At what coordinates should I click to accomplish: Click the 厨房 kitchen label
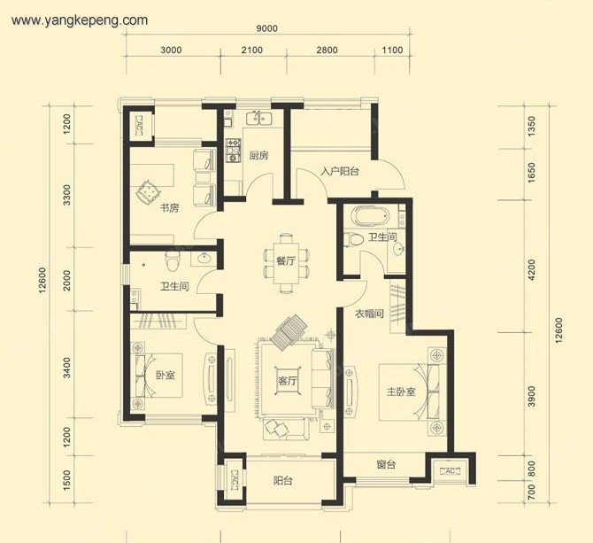click(259, 156)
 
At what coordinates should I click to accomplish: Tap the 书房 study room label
click(169, 208)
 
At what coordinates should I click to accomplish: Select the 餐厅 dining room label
click(286, 261)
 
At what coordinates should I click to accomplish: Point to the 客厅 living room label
click(288, 381)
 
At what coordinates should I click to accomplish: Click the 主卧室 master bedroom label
click(401, 392)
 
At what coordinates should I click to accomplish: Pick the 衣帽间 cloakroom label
click(369, 314)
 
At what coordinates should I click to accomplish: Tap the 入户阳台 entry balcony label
click(340, 172)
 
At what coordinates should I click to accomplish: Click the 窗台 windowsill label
click(386, 464)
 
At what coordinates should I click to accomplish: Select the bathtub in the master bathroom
click(370, 216)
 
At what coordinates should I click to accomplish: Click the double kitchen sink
click(258, 118)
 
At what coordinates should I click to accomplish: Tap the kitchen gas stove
click(234, 151)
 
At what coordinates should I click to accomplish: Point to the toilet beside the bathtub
click(353, 240)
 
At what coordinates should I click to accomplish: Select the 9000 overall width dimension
click(266, 28)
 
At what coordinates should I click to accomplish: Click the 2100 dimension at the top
click(252, 50)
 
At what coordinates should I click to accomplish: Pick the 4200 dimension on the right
click(531, 269)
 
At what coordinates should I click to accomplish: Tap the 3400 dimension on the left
click(66, 368)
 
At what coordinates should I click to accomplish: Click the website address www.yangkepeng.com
click(80, 20)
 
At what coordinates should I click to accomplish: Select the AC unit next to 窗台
click(450, 471)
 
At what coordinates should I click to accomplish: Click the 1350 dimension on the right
click(531, 127)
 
